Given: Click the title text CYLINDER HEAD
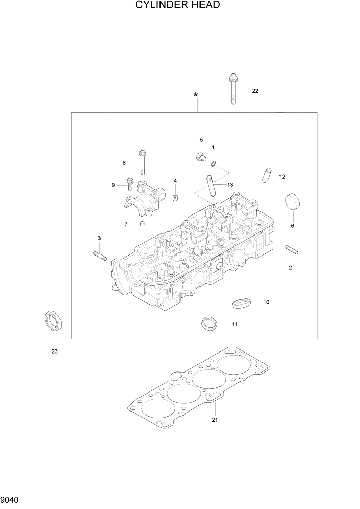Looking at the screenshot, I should [178, 6].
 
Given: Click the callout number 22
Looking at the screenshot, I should [255, 91].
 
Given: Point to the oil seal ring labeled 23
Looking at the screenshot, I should [52, 321].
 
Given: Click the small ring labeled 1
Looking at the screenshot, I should [213, 164].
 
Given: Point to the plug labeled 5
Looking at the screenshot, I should [199, 155].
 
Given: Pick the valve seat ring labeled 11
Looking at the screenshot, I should [209, 323].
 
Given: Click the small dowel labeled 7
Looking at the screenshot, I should [143, 224].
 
